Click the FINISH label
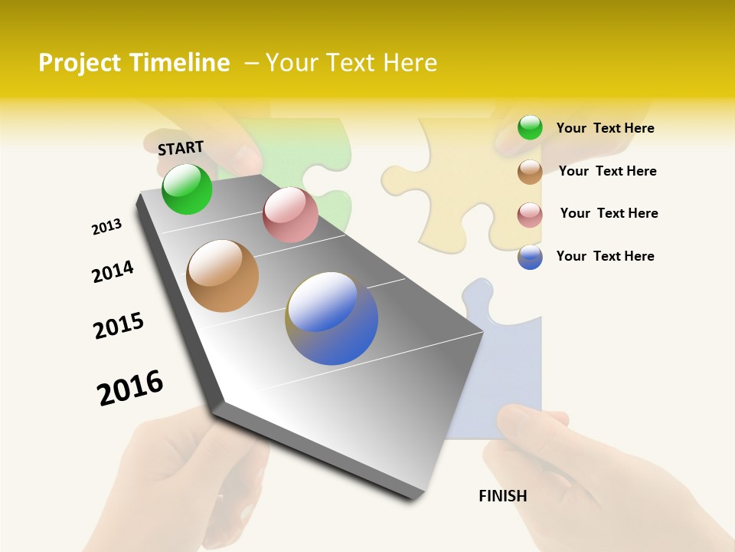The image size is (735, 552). coord(502,496)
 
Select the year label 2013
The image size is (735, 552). coord(106,227)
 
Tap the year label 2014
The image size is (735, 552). coord(113,272)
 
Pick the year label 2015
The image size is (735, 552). coord(119,326)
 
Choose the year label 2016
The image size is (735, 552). coord(130,388)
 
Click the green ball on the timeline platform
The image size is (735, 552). coord(187,189)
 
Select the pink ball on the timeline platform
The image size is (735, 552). coord(290,215)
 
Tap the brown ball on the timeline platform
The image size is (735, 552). coord(223,276)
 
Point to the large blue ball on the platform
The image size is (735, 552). coord(332,318)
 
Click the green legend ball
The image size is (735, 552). coord(530,127)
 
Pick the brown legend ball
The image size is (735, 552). coord(530,172)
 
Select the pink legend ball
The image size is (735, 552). coord(530,215)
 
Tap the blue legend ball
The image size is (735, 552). coord(530,257)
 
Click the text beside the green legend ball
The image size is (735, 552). coord(605,128)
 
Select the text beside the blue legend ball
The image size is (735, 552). coord(605,256)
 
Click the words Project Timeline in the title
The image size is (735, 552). coord(134,63)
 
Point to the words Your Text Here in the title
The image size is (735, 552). coord(351,63)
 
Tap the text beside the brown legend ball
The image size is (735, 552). coord(607,171)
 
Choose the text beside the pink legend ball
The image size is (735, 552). coord(609,213)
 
